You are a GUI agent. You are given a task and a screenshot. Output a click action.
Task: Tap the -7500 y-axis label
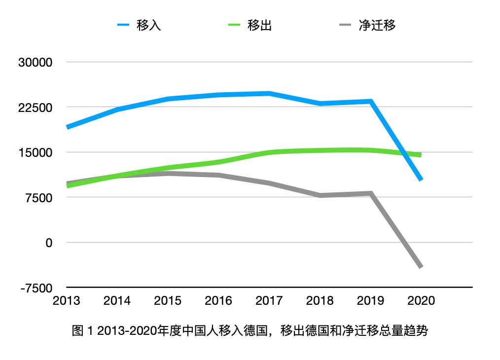[x=36, y=288]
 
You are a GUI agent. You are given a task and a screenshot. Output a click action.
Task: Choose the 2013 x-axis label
[x=67, y=301]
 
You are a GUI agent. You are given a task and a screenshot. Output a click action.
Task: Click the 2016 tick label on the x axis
[x=218, y=301]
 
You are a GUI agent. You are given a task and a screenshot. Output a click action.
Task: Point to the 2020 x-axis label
[x=421, y=301]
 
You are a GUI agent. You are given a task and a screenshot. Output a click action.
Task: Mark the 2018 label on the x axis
[x=320, y=301]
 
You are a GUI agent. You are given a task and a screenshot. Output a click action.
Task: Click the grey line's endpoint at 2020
[x=421, y=267]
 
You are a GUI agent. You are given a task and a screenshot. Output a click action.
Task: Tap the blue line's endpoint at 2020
[x=421, y=180]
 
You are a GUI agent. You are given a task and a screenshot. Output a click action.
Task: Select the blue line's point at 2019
[x=371, y=101]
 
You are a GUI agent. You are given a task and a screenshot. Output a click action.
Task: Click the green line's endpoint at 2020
[x=421, y=155]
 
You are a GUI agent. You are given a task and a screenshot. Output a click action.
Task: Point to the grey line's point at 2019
[x=371, y=193]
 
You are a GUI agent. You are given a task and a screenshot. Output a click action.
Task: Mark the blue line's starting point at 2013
[x=67, y=127]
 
